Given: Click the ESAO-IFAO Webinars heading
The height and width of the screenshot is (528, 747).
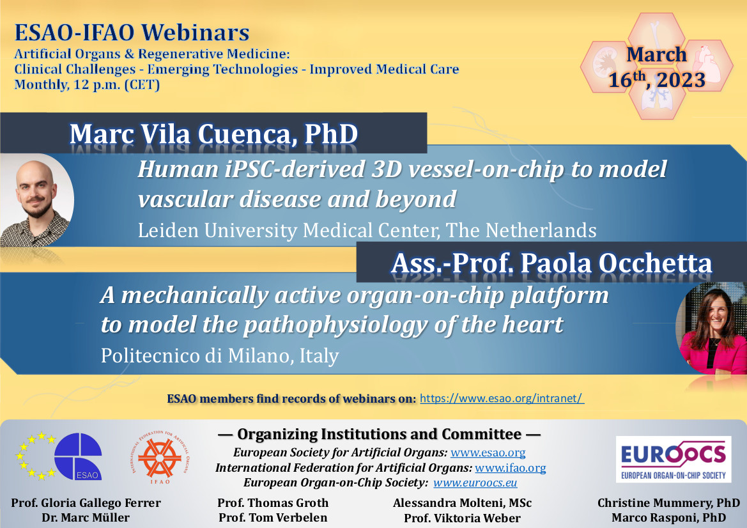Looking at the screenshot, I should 132,32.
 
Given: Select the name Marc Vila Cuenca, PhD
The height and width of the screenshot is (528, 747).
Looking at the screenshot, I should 213,134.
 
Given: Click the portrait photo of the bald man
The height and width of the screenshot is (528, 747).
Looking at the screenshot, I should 35,200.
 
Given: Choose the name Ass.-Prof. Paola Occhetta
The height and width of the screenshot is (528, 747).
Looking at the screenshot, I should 551,263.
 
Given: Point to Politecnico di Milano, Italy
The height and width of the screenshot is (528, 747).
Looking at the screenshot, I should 219,355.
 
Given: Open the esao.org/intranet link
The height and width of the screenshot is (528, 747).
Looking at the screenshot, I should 502,398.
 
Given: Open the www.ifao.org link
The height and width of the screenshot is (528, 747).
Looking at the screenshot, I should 510,468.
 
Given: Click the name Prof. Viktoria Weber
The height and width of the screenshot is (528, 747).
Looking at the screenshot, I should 462,518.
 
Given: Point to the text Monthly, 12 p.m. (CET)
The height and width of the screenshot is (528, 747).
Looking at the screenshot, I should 87,84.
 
